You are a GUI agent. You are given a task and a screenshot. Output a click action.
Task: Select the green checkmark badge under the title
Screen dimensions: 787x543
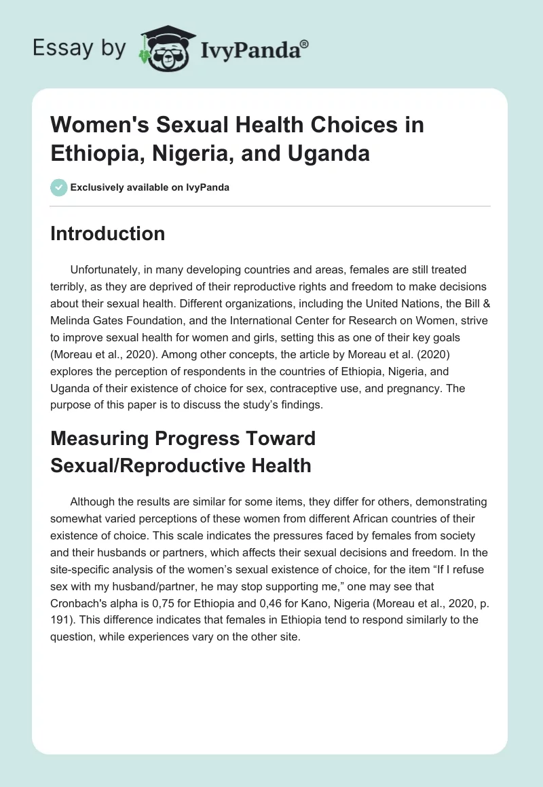[59, 187]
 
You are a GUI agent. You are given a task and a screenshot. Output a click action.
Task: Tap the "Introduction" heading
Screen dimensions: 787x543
[108, 234]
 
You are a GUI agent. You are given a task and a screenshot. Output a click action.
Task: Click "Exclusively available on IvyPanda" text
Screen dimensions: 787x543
[151, 187]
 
